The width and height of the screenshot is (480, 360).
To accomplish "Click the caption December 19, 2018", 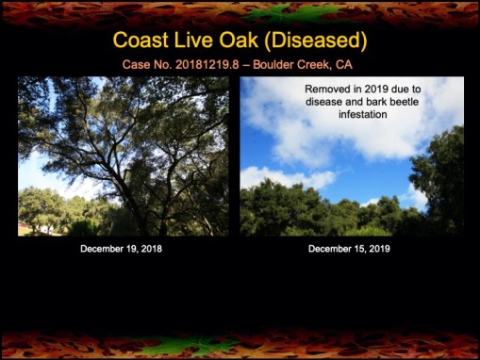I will click(123, 249).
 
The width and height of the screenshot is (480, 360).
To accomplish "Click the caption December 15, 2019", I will click(350, 249).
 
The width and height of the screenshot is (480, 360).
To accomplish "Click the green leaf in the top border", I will click(240, 11).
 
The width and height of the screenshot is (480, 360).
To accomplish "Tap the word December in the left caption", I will click(101, 249).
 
